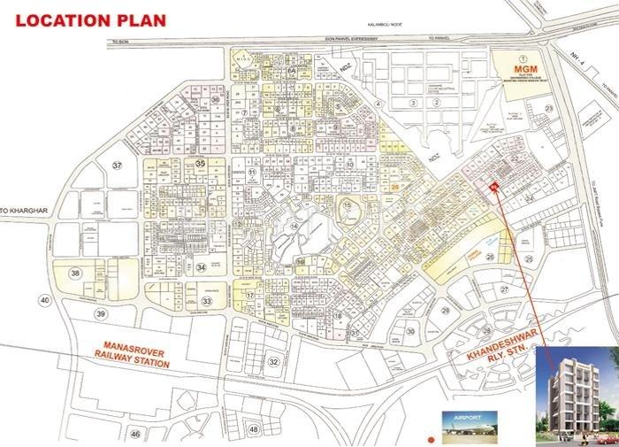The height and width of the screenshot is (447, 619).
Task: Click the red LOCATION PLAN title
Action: pyautogui.click(x=87, y=19)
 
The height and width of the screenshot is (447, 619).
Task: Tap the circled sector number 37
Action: pyautogui.click(x=117, y=166)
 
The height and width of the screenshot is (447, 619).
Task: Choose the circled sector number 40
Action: pyautogui.click(x=45, y=300)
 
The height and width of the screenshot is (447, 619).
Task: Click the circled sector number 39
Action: pyautogui.click(x=102, y=314)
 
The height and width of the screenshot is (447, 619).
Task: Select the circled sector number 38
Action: pyautogui.click(x=76, y=274)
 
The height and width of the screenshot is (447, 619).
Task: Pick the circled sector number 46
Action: pyautogui.click(x=134, y=434)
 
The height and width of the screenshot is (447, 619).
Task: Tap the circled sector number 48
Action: pyautogui.click(x=254, y=429)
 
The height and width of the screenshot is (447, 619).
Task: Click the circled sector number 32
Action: pyautogui.click(x=273, y=361)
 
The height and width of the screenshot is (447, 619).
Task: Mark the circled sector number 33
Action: pyautogui.click(x=206, y=301)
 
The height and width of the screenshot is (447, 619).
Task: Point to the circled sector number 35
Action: pyautogui.click(x=201, y=164)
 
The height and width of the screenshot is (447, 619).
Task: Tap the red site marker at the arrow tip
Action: pyautogui.click(x=494, y=186)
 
